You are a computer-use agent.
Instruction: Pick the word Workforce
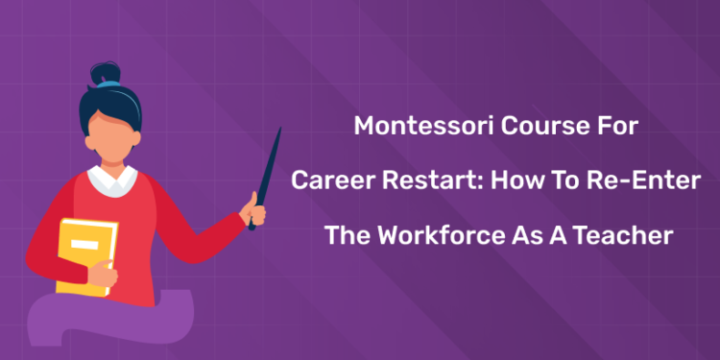coord(437,235)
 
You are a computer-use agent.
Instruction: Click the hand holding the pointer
coord(255,205)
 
